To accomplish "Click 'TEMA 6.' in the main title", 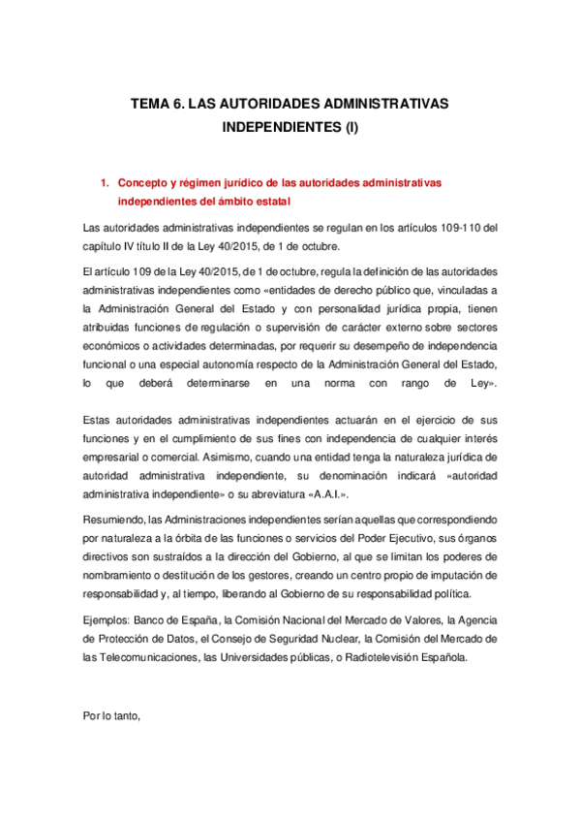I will click(159, 103).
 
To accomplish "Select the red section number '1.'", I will click(106, 182).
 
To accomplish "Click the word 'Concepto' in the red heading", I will click(143, 182).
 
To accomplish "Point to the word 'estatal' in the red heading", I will click(270, 202).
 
